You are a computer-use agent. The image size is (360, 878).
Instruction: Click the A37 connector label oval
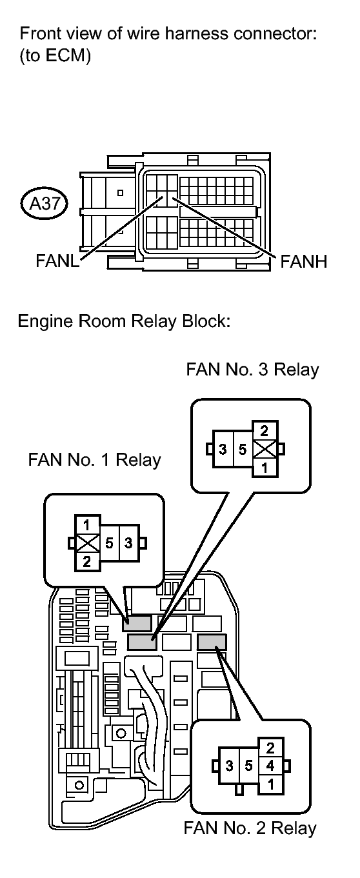[44, 203]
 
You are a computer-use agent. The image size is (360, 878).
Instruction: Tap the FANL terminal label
[57, 261]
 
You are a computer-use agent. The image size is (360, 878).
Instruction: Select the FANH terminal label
[303, 261]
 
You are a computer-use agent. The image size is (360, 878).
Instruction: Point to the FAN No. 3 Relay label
[252, 369]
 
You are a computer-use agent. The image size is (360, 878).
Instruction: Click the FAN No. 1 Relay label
[94, 459]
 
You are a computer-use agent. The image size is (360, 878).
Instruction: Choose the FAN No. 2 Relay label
[250, 828]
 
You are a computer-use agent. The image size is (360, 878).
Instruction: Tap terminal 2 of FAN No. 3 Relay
[265, 431]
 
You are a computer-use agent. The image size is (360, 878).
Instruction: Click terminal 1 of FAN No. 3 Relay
[265, 468]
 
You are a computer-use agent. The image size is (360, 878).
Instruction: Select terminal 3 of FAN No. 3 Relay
[223, 449]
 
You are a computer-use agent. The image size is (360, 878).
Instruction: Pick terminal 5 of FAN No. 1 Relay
[110, 543]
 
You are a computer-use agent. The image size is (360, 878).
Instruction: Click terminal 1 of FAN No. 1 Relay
[87, 524]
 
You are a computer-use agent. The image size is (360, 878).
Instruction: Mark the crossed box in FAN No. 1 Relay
[87, 543]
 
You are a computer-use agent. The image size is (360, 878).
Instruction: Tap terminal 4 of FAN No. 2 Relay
[270, 765]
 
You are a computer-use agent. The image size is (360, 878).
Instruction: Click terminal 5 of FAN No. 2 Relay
[248, 766]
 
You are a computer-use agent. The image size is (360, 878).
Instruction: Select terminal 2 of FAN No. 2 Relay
[270, 748]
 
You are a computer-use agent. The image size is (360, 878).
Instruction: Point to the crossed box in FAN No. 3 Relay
[265, 449]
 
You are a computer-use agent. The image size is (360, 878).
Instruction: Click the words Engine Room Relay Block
[123, 321]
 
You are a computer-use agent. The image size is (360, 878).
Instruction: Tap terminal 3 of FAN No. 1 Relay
[129, 543]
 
